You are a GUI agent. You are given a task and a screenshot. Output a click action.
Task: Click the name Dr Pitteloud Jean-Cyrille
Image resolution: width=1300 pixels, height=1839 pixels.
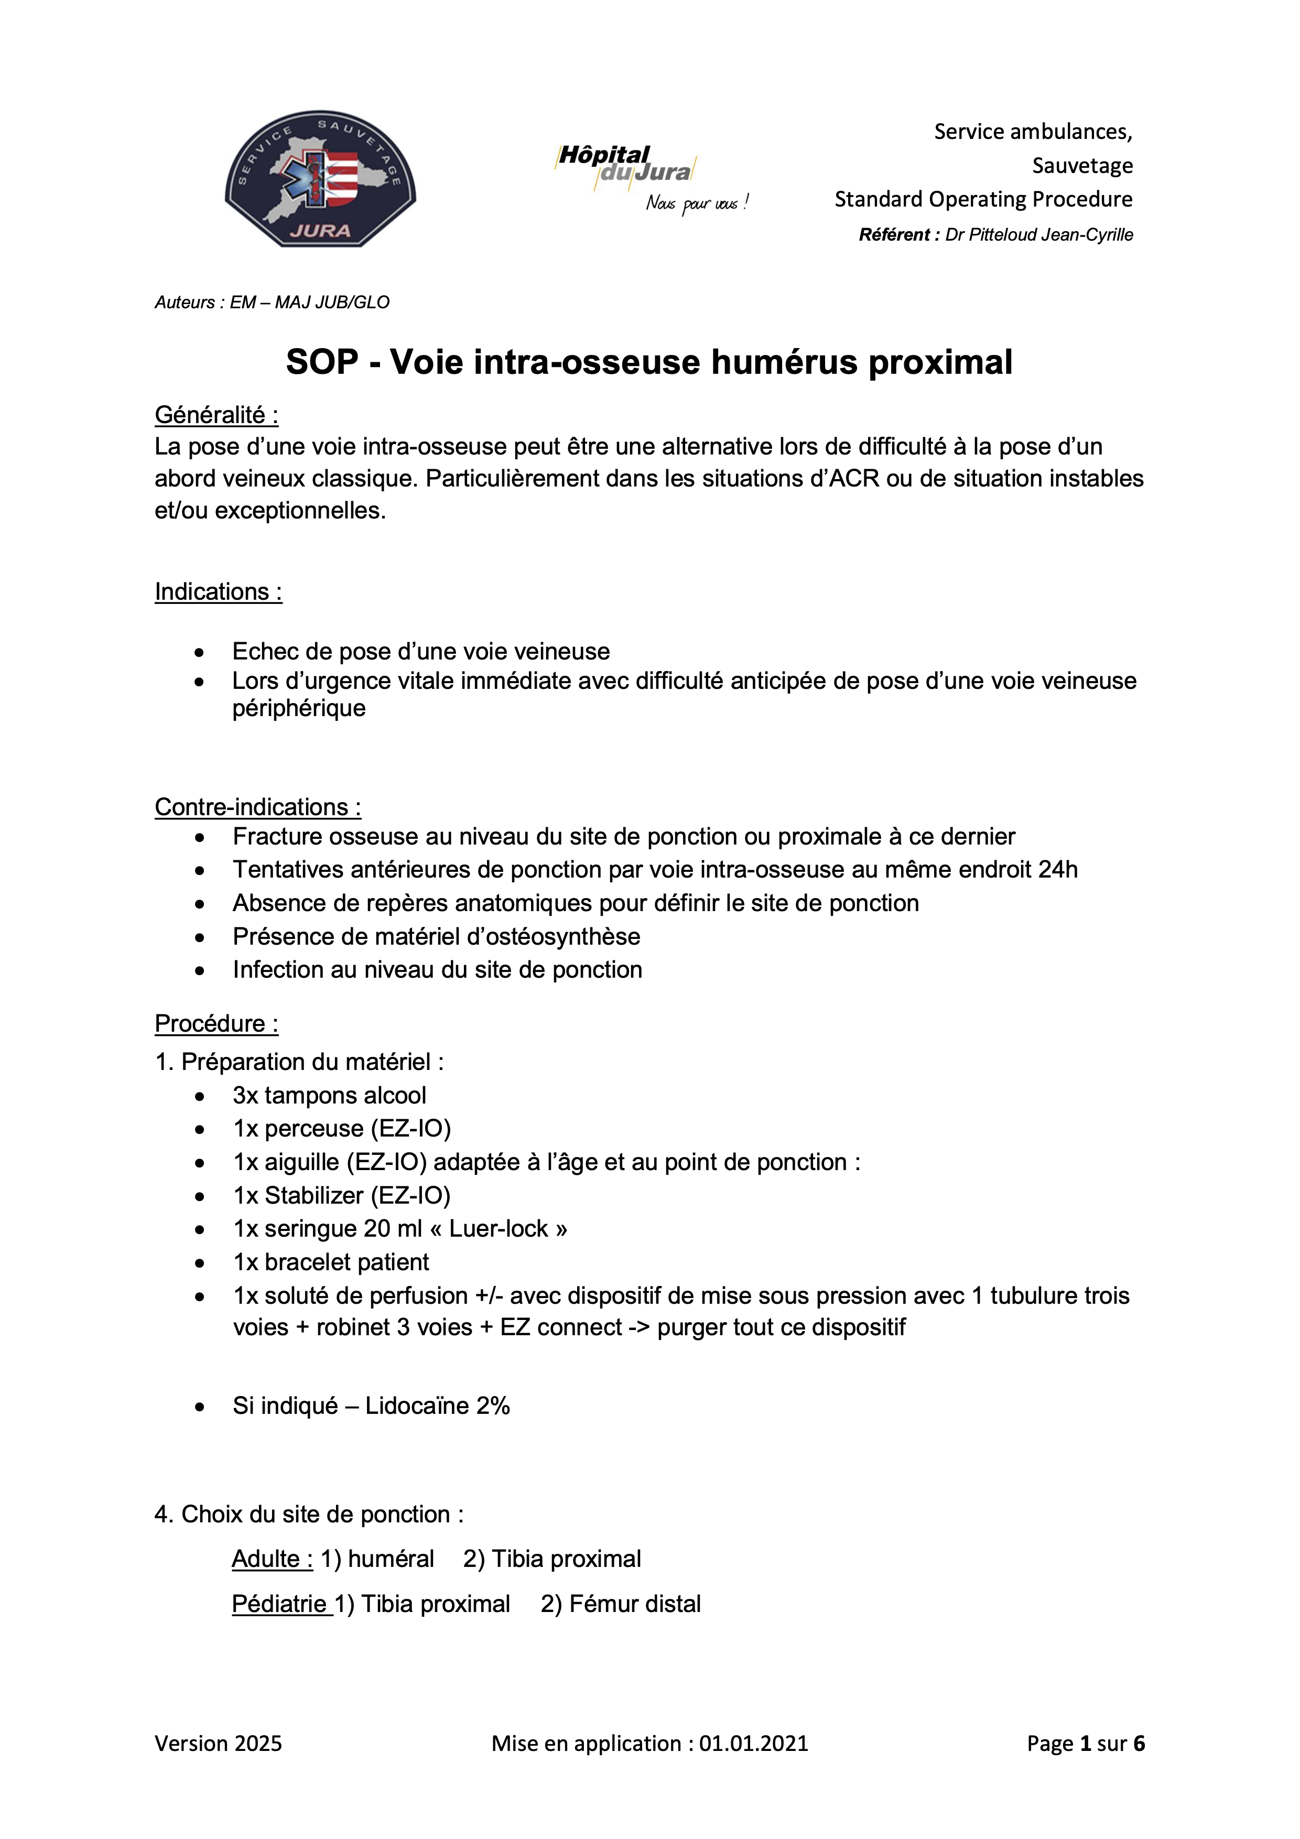click(1039, 235)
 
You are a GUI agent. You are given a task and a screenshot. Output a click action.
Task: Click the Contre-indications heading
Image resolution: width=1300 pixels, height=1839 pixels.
click(257, 807)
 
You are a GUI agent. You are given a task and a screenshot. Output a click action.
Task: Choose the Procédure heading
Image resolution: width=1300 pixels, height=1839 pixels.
click(216, 1024)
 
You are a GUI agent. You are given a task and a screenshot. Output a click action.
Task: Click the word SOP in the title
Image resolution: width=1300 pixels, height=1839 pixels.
click(322, 362)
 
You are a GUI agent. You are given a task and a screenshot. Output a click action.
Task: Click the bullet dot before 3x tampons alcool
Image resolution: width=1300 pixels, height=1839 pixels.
click(199, 1097)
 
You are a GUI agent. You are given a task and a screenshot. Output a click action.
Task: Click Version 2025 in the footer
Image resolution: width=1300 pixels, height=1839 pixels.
click(218, 1744)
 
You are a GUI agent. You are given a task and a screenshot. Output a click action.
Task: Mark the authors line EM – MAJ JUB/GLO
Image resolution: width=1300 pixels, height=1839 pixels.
click(309, 303)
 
